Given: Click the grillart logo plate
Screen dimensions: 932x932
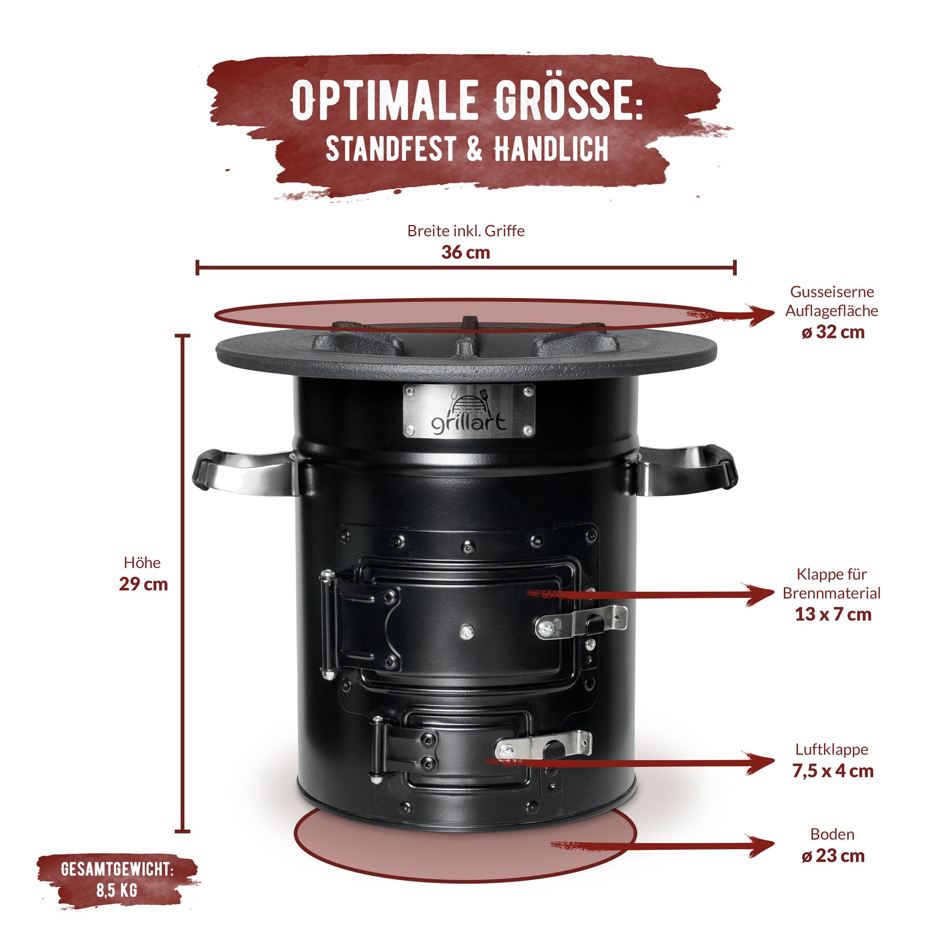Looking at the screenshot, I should click(468, 411).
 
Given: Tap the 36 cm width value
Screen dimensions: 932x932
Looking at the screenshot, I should click(466, 252).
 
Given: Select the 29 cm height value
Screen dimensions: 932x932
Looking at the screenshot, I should click(143, 584).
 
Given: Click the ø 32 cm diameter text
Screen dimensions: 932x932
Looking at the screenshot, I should click(833, 332).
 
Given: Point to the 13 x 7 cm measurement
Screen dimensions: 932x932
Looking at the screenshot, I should click(833, 614).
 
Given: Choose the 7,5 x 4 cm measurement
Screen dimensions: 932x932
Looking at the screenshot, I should click(833, 771).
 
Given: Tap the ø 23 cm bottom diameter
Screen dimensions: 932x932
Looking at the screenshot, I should click(833, 856).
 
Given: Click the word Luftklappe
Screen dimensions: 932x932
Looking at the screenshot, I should click(832, 749).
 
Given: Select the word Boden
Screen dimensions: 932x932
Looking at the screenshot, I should click(832, 834).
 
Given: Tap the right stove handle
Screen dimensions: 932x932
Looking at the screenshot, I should click(687, 470).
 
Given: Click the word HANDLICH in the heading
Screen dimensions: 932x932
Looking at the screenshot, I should click(550, 149).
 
